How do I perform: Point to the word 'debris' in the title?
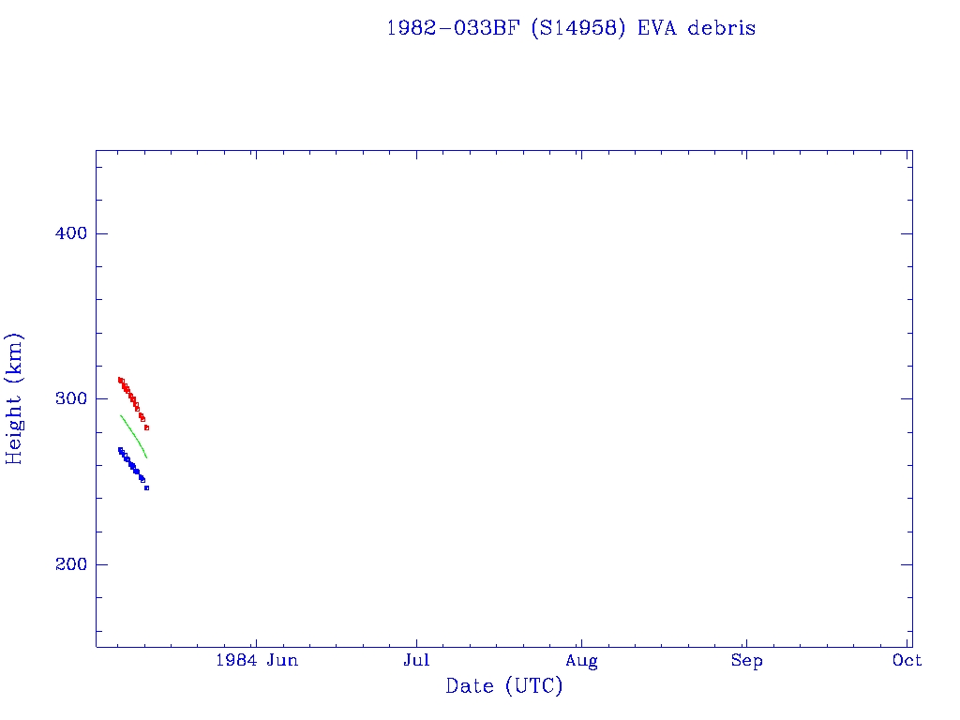pos(722,28)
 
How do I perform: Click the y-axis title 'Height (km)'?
pos(14,398)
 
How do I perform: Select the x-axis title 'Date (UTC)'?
pos(504,686)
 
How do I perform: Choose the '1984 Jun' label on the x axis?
pos(257,661)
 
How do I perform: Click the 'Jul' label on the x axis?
pos(416,661)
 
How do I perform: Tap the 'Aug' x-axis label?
pos(581,661)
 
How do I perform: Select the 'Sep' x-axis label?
pos(746,661)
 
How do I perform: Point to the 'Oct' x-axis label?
pos(907,661)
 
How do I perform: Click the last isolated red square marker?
pos(147,427)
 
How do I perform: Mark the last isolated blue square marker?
pos(147,487)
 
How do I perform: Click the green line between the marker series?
pos(134,436)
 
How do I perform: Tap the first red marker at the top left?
pos(120,380)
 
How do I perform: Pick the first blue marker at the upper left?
pos(120,450)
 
